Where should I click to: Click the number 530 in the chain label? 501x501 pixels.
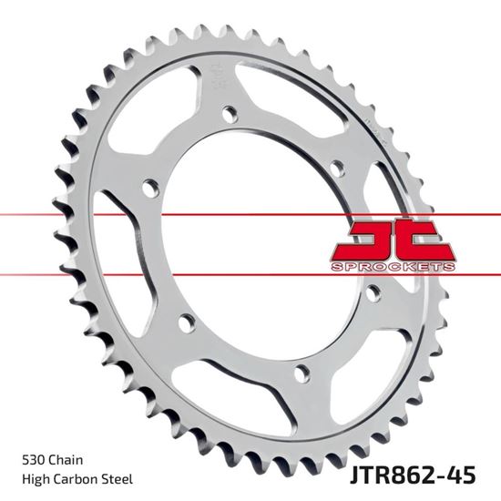pyautogui.click(x=28, y=461)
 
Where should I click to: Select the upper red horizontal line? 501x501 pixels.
pyautogui.click(x=91, y=216)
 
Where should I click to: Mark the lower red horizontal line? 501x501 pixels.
pyautogui.click(x=91, y=273)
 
